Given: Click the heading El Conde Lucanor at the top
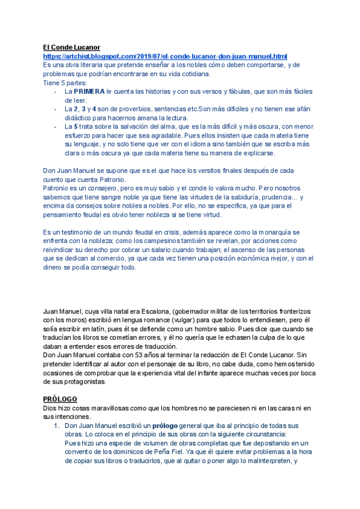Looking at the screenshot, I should [x=71, y=47].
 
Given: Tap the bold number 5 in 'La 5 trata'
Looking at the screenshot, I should [x=74, y=127].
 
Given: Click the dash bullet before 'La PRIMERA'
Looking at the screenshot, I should [x=55, y=92].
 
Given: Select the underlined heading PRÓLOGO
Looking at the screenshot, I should [x=60, y=399].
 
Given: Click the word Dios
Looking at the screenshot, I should [x=51, y=408].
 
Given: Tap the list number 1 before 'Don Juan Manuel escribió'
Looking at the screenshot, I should [x=56, y=426].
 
